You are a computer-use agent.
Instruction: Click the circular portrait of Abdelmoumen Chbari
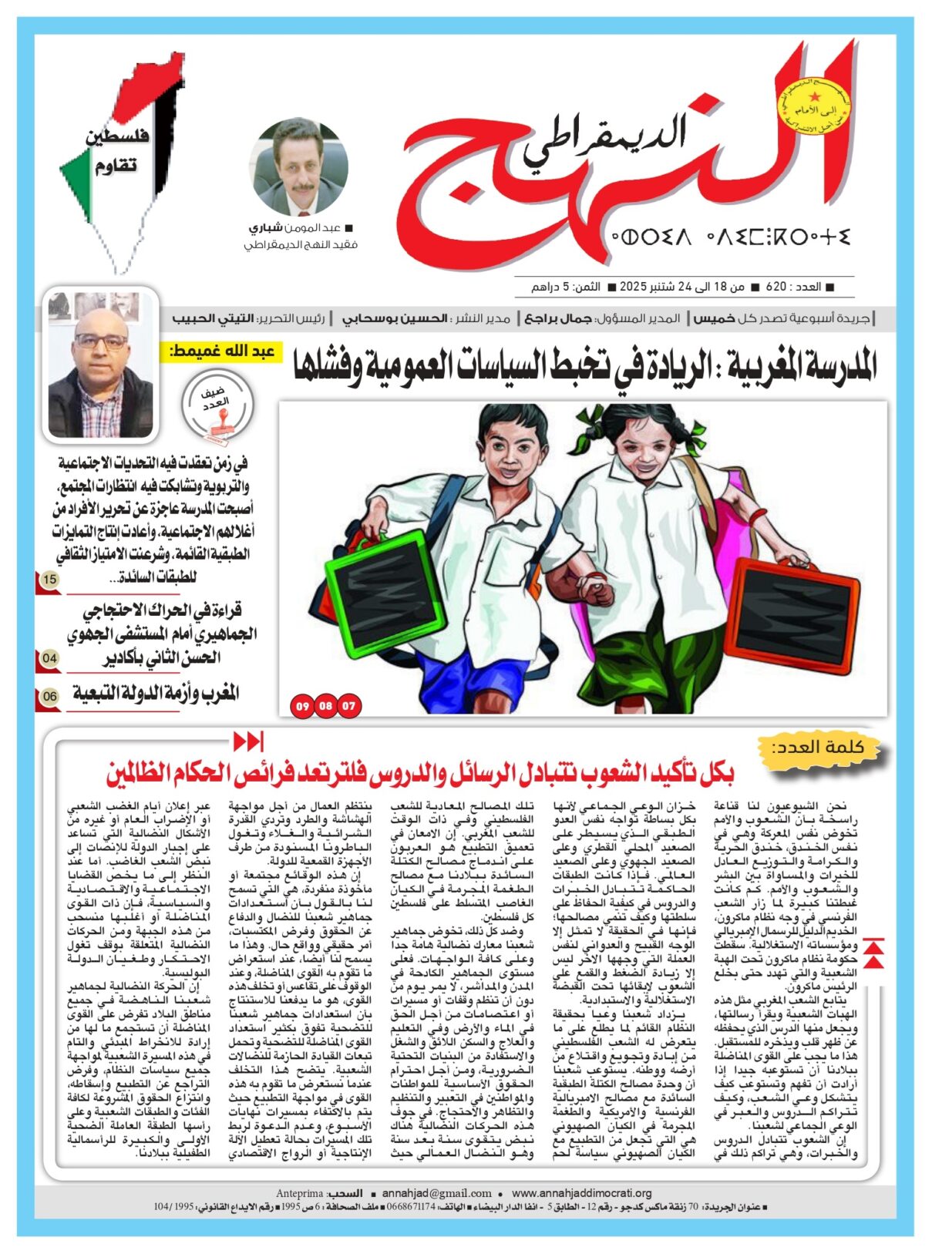301,168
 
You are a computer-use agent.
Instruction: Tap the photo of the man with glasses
101,365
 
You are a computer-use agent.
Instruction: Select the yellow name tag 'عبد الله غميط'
223,352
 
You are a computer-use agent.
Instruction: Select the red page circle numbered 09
302,705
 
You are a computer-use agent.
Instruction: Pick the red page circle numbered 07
349,705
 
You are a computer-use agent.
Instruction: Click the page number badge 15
49,580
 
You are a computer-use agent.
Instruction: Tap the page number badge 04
49,658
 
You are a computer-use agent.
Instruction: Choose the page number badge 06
49,696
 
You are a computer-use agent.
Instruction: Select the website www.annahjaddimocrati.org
581,1193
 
